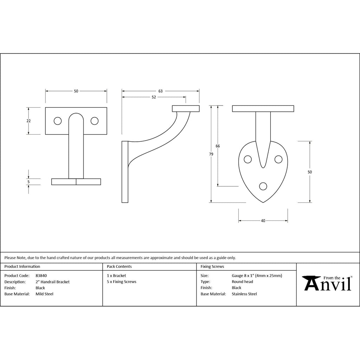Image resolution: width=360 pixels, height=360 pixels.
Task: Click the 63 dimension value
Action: tap(160, 91)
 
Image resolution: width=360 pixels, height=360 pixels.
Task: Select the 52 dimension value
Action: tap(154, 97)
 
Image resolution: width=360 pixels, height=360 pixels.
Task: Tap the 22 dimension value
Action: tap(28, 121)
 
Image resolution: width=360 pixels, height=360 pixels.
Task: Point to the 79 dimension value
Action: tap(211, 154)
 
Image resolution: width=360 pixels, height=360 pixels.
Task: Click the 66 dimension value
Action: tap(217, 146)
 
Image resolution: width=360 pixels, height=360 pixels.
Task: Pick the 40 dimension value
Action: tap(263, 221)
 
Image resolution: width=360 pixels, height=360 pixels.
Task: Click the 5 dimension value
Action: tap(28, 182)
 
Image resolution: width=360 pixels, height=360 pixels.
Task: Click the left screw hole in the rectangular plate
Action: tap(58, 121)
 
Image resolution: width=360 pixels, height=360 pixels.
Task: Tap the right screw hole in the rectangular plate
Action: tap(95, 121)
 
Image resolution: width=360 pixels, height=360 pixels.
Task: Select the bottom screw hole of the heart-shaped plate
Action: tap(263, 186)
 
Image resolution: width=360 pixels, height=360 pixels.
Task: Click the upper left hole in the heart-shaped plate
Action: tap(248, 159)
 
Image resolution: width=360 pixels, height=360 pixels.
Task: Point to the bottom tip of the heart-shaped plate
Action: tap(263, 202)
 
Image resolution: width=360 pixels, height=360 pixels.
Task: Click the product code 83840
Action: tap(41, 276)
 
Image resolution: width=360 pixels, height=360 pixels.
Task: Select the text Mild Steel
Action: tap(44, 294)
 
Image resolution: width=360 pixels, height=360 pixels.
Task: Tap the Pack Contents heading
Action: tap(119, 266)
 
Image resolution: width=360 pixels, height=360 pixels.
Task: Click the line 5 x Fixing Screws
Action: tap(121, 282)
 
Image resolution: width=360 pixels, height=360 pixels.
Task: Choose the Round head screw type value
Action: tap(242, 282)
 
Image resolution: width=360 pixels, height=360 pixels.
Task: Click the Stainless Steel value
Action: tap(244, 294)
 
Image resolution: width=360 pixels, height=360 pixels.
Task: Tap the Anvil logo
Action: tap(327, 283)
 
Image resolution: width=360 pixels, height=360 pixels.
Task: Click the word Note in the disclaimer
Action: tap(21, 258)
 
